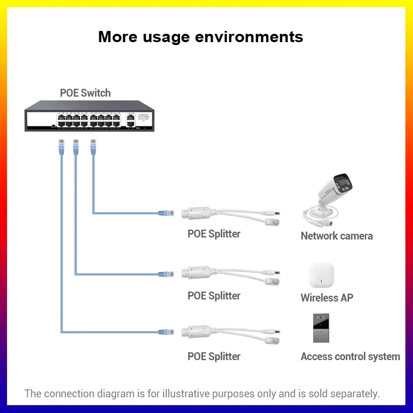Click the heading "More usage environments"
(x=201, y=37)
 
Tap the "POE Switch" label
(x=85, y=93)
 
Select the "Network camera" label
(x=337, y=236)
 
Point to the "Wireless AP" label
(x=327, y=297)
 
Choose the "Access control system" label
(x=350, y=357)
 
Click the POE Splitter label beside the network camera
(x=214, y=234)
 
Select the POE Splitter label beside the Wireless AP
(x=214, y=296)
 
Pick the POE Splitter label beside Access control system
(x=214, y=357)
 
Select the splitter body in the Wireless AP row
(x=197, y=273)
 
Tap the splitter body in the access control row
(x=197, y=332)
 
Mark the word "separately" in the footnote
(x=354, y=394)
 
